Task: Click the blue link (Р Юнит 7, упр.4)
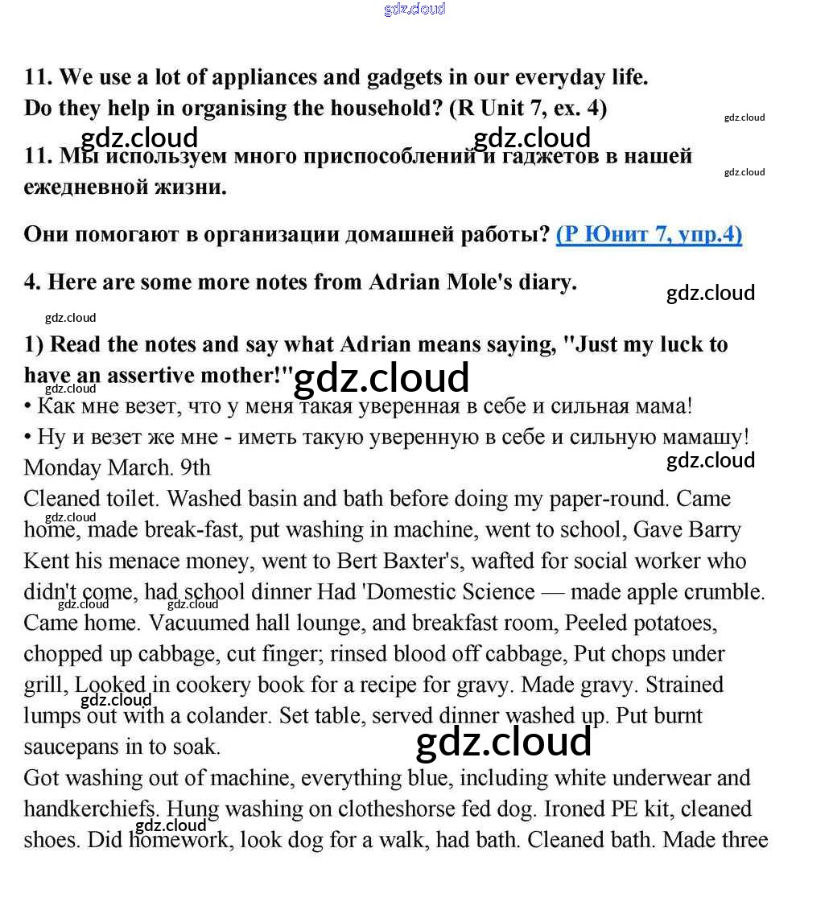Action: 649,234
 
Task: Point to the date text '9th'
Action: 195,467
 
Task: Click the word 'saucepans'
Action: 72,747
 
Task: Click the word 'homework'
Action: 178,840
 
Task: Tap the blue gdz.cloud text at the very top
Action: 414,10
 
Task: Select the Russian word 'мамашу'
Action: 703,437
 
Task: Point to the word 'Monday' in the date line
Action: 63,467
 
